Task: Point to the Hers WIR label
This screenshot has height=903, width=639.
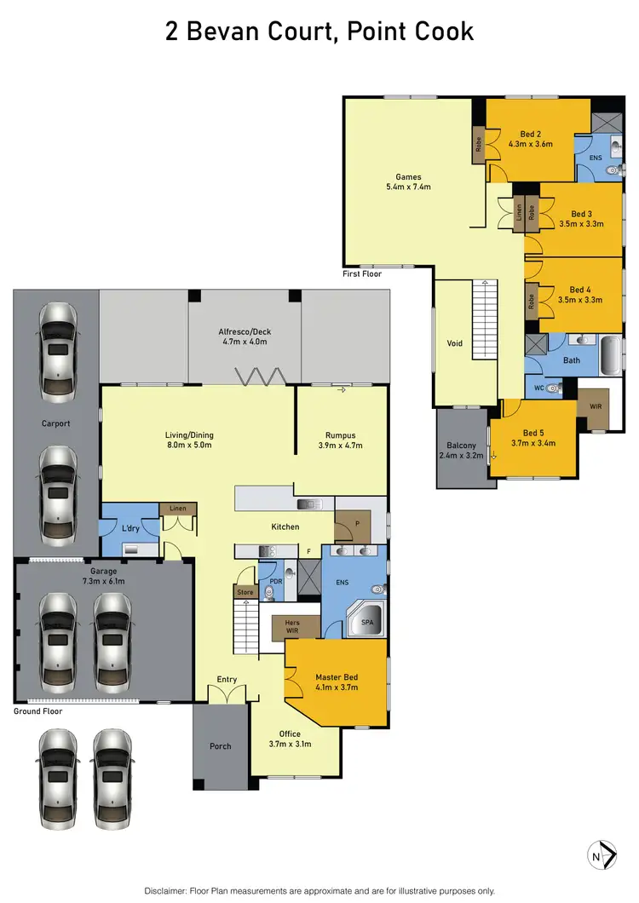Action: click(x=291, y=626)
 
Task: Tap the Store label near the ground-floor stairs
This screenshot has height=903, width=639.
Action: click(x=245, y=590)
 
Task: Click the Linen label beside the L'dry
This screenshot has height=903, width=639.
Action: click(x=177, y=509)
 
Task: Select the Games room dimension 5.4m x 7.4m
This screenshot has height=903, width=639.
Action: click(x=408, y=186)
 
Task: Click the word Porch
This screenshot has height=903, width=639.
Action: click(x=220, y=746)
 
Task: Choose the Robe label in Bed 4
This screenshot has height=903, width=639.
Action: click(x=532, y=301)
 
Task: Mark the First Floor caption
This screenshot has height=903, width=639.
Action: click(x=363, y=273)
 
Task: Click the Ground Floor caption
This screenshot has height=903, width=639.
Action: click(x=38, y=710)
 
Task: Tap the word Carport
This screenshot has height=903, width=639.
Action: click(x=55, y=423)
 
